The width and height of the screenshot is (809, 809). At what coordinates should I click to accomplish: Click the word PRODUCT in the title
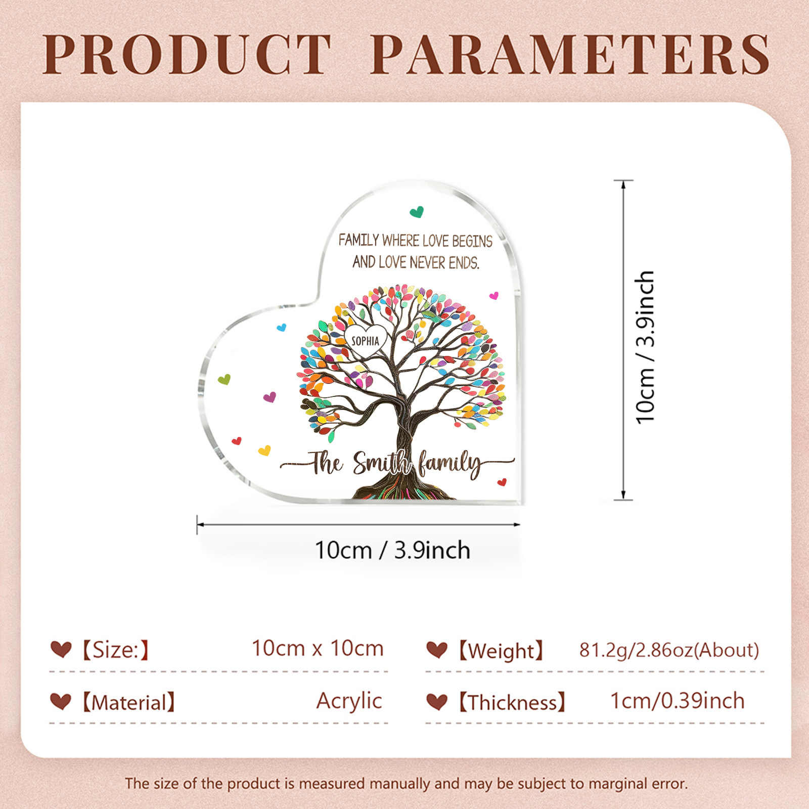(x=187, y=55)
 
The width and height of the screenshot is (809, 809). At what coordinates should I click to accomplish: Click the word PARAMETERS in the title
(x=570, y=55)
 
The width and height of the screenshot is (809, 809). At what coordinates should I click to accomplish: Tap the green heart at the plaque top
(x=417, y=212)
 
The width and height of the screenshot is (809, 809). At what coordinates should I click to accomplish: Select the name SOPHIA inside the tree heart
(x=365, y=341)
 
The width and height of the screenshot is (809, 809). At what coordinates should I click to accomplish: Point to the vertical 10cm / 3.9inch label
(x=645, y=347)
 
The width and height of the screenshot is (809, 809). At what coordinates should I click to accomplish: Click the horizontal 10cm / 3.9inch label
(x=392, y=550)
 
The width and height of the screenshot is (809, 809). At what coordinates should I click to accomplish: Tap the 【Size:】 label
(x=116, y=650)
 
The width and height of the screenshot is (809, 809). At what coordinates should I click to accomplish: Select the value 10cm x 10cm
(x=318, y=648)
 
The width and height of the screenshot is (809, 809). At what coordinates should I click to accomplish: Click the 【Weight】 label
(x=501, y=651)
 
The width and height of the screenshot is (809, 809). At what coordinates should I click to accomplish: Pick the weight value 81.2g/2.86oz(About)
(x=669, y=650)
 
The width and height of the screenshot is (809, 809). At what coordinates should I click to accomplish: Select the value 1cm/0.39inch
(x=678, y=701)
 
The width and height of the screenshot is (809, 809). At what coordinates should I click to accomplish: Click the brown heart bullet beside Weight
(x=437, y=650)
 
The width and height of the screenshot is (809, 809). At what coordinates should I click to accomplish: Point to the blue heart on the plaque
(x=282, y=328)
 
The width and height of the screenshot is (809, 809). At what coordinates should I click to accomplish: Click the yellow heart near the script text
(x=264, y=450)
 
